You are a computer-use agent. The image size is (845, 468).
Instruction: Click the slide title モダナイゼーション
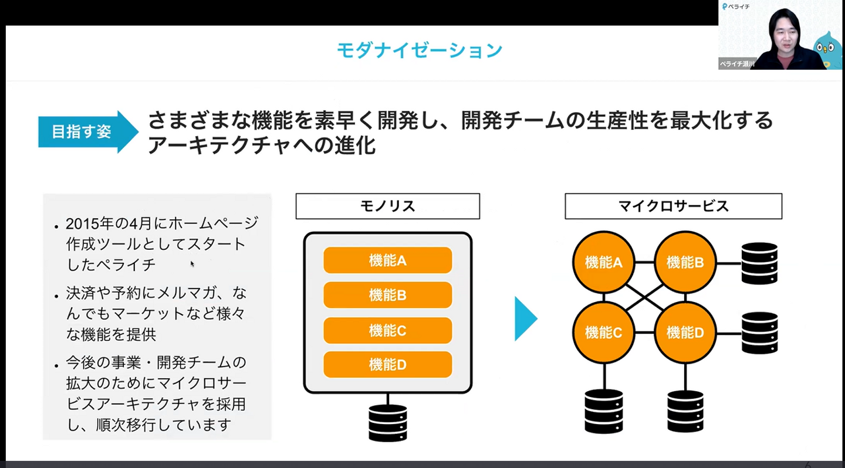tap(419, 50)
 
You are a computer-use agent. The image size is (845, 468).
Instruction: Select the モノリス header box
tap(387, 206)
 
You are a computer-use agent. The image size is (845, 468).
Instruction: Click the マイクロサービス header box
tap(673, 206)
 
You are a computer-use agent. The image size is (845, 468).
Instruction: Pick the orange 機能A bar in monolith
tap(387, 260)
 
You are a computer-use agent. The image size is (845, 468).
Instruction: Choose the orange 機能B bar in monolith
tap(387, 295)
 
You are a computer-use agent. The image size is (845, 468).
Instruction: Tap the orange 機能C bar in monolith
tap(387, 330)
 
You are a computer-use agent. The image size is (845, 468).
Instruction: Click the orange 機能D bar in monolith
tap(387, 364)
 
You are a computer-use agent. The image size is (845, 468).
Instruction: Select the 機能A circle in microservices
tap(603, 263)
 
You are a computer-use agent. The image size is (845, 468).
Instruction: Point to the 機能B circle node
tap(685, 263)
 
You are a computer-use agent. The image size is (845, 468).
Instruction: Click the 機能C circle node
tap(603, 333)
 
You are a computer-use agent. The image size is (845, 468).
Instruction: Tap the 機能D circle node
tap(685, 333)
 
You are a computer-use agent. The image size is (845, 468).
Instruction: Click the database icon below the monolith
tap(387, 423)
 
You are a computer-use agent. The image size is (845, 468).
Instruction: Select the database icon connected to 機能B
tap(759, 263)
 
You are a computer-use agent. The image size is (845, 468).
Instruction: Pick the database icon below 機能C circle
tap(603, 411)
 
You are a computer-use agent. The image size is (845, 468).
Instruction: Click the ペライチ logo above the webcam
tap(736, 6)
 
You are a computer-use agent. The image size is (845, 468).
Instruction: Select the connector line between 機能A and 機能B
tap(644, 263)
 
